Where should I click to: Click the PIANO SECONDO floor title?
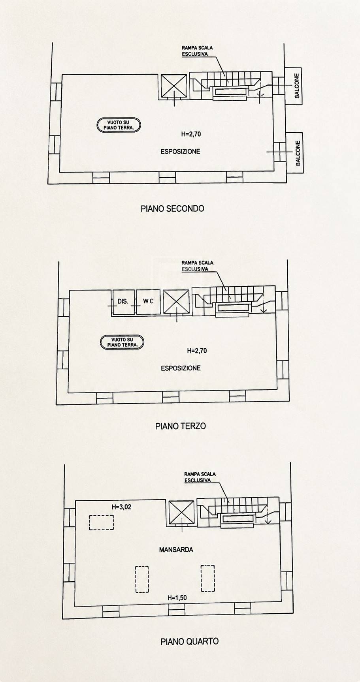[172, 208]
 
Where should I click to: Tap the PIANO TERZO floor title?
[181, 426]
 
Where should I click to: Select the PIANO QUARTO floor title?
[189, 641]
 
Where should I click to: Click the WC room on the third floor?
[148, 301]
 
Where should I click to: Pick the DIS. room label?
[123, 301]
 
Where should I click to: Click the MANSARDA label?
[176, 549]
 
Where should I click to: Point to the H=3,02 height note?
[121, 507]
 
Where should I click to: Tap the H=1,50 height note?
[177, 598]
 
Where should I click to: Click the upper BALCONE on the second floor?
[293, 86]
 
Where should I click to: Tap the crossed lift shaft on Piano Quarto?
[181, 513]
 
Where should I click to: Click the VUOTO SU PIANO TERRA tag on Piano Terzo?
[122, 342]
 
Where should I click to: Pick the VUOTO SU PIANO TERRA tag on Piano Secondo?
[119, 125]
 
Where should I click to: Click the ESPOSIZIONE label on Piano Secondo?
[180, 151]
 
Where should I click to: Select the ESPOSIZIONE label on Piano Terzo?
[181, 368]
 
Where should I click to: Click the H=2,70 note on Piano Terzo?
[197, 351]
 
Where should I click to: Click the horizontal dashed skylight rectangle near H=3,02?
[101, 522]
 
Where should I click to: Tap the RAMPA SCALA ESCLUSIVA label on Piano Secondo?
[197, 51]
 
